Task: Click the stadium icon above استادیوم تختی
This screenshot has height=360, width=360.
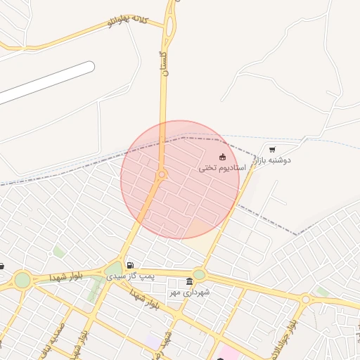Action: (x=222, y=157)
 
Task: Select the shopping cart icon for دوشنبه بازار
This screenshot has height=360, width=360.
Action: (x=272, y=150)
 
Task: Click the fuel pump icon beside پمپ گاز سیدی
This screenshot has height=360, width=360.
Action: (x=130, y=265)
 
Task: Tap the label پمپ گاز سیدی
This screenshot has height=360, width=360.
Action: (x=130, y=276)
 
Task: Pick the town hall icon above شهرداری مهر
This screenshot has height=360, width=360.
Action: (x=189, y=282)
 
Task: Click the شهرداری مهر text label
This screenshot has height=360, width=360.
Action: (x=189, y=292)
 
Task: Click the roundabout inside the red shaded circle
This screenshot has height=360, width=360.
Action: (x=162, y=174)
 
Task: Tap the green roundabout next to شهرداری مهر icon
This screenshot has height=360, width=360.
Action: (x=200, y=275)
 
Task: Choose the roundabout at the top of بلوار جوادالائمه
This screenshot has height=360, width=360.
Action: (x=305, y=300)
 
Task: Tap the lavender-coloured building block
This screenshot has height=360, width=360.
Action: (x=154, y=341)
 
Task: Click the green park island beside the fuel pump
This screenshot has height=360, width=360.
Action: (x=113, y=269)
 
